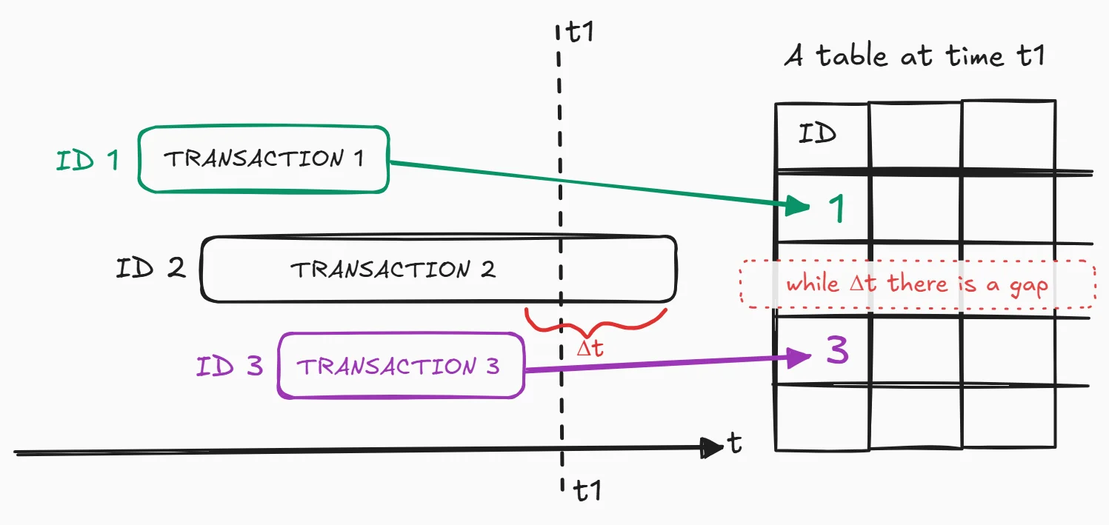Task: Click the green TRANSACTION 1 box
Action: click(x=264, y=159)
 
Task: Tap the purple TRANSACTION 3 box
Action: click(x=401, y=366)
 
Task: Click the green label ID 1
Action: click(x=87, y=160)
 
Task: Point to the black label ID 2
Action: click(x=150, y=268)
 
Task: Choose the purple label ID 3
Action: click(x=230, y=366)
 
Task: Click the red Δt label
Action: click(x=590, y=348)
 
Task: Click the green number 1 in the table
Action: click(x=836, y=210)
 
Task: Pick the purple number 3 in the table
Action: click(x=837, y=351)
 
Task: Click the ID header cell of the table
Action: click(x=817, y=134)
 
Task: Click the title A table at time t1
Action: click(x=914, y=56)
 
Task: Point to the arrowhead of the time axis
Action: click(x=712, y=447)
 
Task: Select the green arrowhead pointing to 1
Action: click(x=799, y=205)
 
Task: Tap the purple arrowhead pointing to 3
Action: click(x=799, y=358)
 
